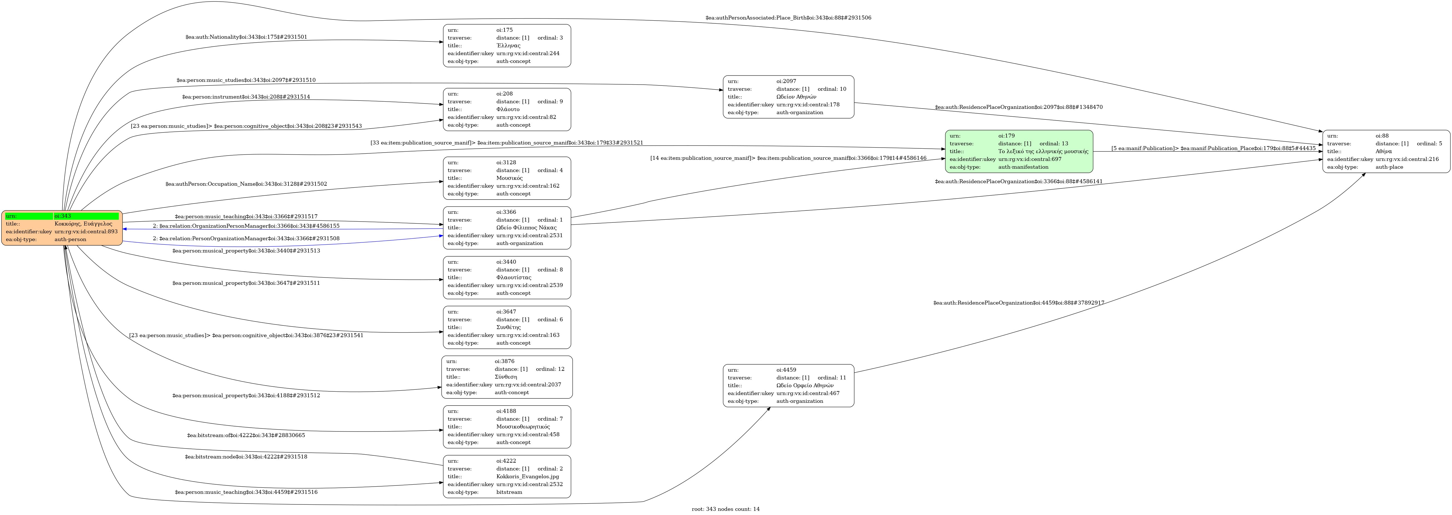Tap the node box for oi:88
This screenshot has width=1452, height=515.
[x=1386, y=151]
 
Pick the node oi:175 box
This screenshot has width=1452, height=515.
[x=507, y=46]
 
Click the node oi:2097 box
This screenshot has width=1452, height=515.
[x=788, y=97]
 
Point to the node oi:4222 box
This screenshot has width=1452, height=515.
[x=507, y=477]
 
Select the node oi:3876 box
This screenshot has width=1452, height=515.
[x=507, y=377]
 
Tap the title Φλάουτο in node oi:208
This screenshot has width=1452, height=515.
[x=508, y=109]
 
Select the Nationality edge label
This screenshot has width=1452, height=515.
[x=246, y=37]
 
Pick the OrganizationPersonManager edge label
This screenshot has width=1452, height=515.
[x=246, y=226]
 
